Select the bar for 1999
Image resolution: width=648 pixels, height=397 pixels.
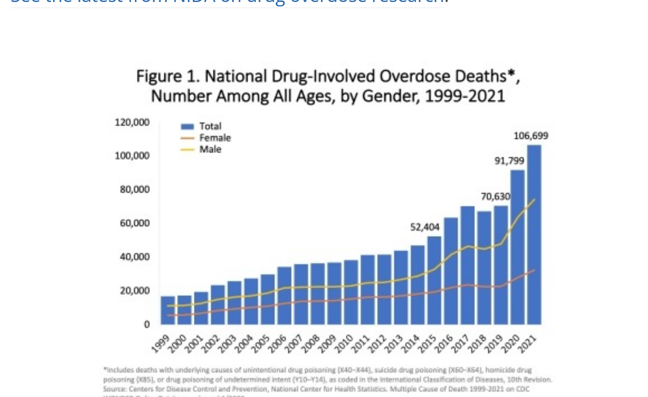[x=168, y=310]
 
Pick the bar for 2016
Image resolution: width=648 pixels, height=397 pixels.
[x=451, y=270]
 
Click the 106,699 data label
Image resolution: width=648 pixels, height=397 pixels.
[x=531, y=135]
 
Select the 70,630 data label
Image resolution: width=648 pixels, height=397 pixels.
[x=495, y=197]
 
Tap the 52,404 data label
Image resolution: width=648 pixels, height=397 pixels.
[x=425, y=227]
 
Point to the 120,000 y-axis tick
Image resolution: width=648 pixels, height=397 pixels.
[x=132, y=122]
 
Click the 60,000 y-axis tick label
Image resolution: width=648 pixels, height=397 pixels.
[x=134, y=223]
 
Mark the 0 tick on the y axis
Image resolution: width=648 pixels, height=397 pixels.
[x=146, y=325]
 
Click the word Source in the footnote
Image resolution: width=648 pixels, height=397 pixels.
[x=113, y=389]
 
